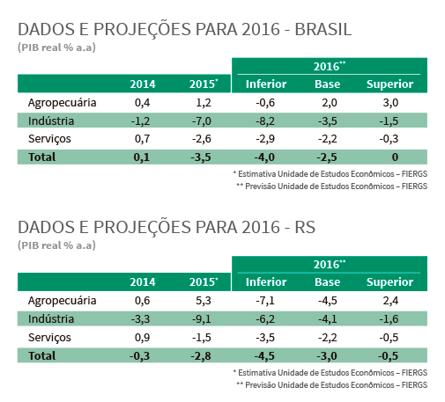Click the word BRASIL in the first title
click(x=323, y=29)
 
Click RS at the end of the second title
click(x=305, y=227)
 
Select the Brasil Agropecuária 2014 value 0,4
click(x=142, y=103)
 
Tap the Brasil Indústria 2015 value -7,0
click(x=202, y=121)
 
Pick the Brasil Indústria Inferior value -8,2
click(x=265, y=121)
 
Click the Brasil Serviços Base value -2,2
click(x=328, y=139)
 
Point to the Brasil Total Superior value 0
click(x=395, y=157)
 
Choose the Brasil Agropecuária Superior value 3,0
click(x=390, y=103)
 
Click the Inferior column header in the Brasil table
click(x=266, y=84)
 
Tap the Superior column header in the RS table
click(x=390, y=282)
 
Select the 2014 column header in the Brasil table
click(x=143, y=84)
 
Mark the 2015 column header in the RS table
click(x=204, y=282)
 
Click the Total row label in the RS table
click(x=41, y=355)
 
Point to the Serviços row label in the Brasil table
click(x=49, y=139)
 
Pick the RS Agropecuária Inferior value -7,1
click(x=265, y=301)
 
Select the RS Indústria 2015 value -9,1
click(x=202, y=318)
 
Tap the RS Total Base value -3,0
click(x=327, y=356)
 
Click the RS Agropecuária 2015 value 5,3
click(x=204, y=301)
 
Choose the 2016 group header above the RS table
click(x=330, y=265)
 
